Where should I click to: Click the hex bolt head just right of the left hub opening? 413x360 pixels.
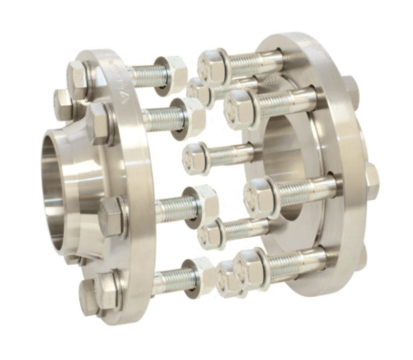pos(112,211)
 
